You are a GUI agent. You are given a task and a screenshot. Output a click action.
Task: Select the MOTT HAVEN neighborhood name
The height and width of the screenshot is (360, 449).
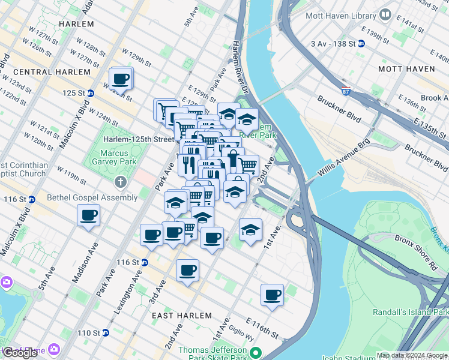point(406,69)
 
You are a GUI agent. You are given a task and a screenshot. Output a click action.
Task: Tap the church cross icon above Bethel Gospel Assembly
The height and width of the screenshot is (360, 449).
point(121,181)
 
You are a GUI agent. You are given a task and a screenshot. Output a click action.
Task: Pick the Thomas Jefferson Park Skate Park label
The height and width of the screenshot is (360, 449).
point(213,354)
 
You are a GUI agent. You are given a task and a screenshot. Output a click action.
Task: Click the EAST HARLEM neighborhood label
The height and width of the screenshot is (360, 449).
point(181,316)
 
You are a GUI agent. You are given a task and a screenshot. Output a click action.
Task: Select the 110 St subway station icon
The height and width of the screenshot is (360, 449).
point(106,333)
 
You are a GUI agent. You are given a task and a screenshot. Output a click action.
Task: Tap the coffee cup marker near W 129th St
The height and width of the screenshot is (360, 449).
point(121,79)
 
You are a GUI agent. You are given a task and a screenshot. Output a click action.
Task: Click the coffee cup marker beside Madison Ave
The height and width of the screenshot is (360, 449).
point(89,215)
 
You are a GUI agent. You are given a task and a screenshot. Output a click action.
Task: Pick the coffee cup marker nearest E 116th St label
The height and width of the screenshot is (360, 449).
point(272,295)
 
